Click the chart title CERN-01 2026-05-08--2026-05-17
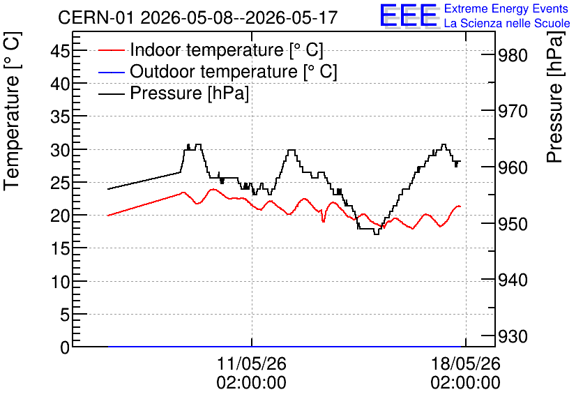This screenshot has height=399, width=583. pyautogui.click(x=198, y=17)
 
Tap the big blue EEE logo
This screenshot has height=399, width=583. pyautogui.click(x=409, y=16)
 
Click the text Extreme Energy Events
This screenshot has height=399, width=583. pyautogui.click(x=506, y=8)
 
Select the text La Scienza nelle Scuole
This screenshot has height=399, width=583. pyautogui.click(x=507, y=23)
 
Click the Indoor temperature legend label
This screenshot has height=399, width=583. pyautogui.click(x=227, y=50)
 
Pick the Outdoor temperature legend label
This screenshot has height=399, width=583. pyautogui.click(x=234, y=71)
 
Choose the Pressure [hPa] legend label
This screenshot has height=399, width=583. pyautogui.click(x=189, y=93)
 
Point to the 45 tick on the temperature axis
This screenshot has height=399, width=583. pyautogui.click(x=60, y=50)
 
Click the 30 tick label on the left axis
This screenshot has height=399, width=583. pyautogui.click(x=60, y=150)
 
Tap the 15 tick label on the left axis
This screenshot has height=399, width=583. pyautogui.click(x=60, y=248)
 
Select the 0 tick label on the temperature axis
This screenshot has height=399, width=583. pyautogui.click(x=65, y=347)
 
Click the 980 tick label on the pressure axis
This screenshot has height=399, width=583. pyautogui.click(x=513, y=56)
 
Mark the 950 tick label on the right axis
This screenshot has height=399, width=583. pyautogui.click(x=513, y=224)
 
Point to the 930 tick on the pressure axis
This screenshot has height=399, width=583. pyautogui.click(x=513, y=336)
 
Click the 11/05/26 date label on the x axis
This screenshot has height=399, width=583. pyautogui.click(x=252, y=363)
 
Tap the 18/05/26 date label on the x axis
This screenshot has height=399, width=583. pyautogui.click(x=466, y=363)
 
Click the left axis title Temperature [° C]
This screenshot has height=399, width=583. pyautogui.click(x=12, y=112)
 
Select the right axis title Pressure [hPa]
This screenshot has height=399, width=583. pyautogui.click(x=554, y=97)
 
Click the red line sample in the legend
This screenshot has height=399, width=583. pyautogui.click(x=111, y=50)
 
